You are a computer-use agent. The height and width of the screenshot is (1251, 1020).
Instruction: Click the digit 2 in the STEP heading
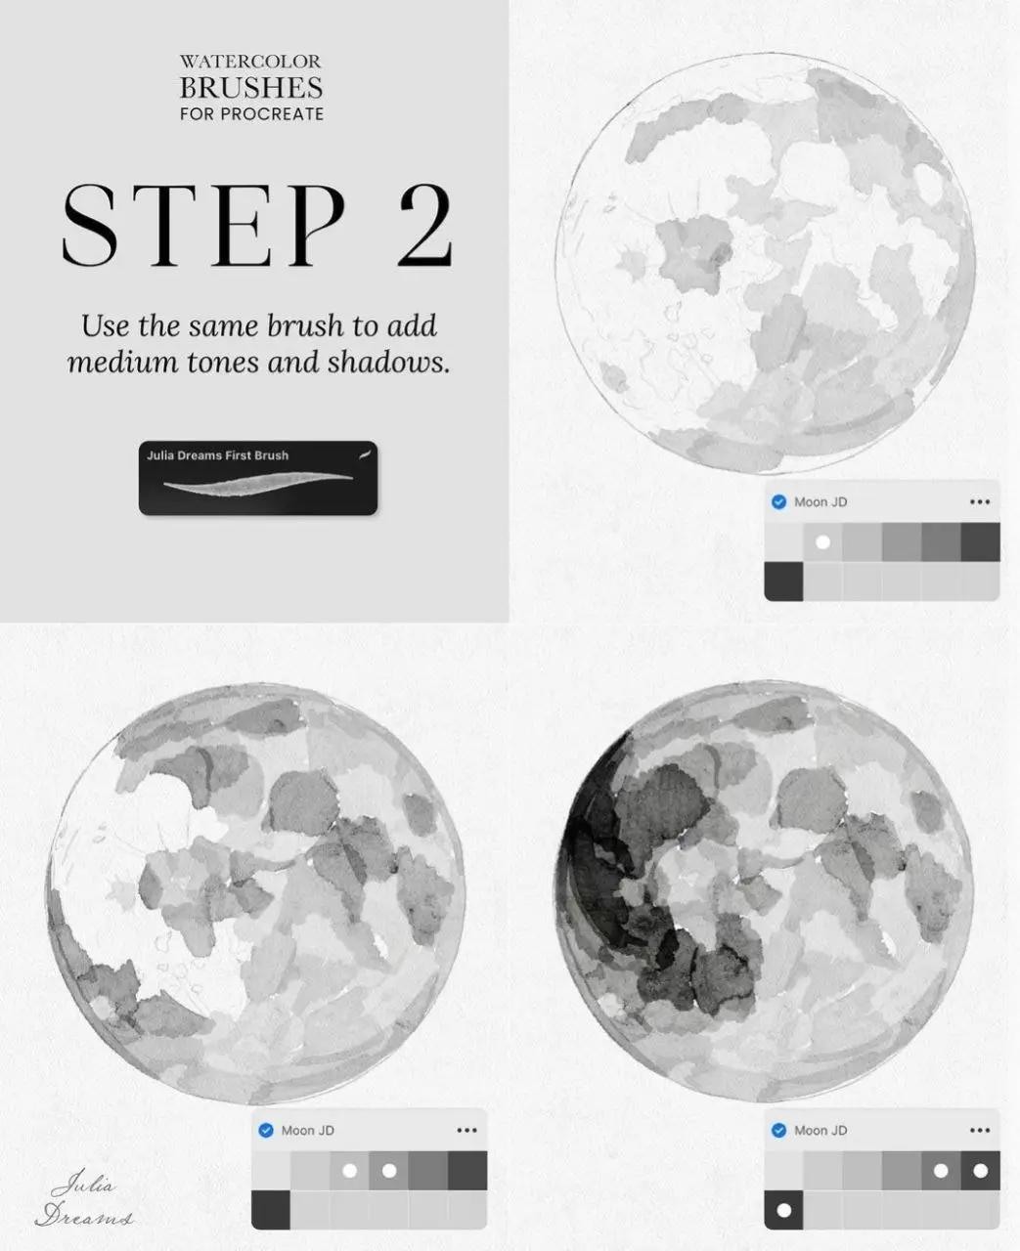426,225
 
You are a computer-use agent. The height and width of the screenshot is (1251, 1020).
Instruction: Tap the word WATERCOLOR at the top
251,62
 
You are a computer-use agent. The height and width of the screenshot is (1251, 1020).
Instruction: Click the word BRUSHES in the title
251,88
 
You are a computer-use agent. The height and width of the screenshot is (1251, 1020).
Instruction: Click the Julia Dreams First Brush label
217,455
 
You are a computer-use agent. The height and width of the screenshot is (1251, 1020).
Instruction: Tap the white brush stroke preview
258,484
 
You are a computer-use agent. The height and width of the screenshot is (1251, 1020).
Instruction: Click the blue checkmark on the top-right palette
778,501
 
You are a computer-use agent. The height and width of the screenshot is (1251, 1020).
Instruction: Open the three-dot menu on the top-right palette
980,501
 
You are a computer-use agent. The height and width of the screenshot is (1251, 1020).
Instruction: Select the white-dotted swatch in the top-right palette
822,541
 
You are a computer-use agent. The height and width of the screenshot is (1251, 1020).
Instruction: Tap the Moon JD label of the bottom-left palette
307,1131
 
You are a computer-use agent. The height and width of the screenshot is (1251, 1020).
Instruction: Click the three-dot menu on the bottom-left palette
466,1130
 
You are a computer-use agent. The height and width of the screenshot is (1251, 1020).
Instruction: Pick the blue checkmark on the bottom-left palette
266,1130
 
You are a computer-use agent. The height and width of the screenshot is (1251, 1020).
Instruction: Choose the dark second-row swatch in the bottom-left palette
271,1210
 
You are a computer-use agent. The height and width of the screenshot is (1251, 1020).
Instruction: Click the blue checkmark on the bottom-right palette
778,1130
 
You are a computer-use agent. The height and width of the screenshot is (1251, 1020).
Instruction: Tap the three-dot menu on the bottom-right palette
980,1130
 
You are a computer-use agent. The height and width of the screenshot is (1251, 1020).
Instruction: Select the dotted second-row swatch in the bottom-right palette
783,1210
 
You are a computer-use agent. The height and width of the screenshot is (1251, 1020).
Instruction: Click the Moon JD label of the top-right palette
820,502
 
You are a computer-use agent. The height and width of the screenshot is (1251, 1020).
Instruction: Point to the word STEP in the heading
203,225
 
